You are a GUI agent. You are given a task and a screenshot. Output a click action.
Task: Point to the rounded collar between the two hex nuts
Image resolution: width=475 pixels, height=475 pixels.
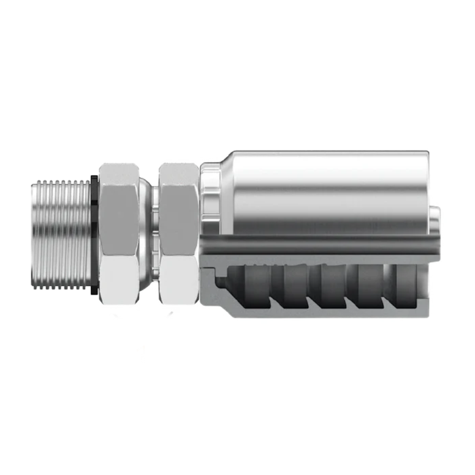(147, 231)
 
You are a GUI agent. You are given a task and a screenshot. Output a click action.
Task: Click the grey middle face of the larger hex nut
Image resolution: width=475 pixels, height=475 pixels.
(118, 231)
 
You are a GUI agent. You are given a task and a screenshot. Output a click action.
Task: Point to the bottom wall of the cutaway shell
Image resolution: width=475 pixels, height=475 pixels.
(319, 313)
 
